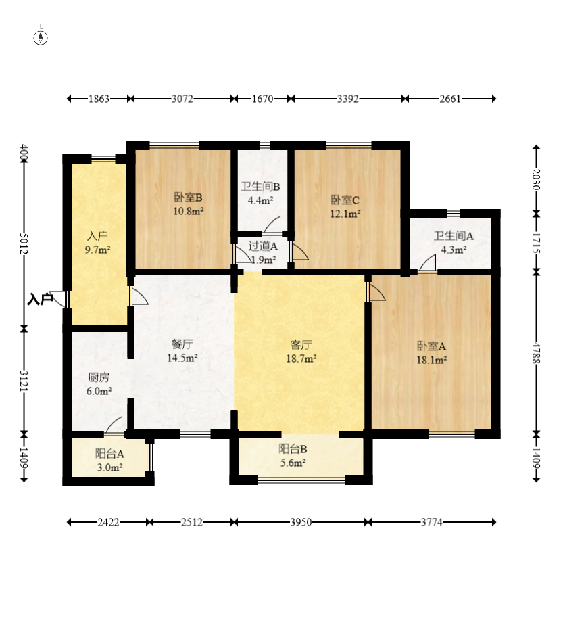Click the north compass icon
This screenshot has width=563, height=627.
pyautogui.click(x=41, y=37)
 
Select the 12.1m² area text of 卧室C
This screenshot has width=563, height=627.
pyautogui.click(x=345, y=213)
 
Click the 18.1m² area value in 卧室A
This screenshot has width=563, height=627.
pyautogui.click(x=432, y=361)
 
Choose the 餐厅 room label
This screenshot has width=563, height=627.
pyautogui.click(x=182, y=344)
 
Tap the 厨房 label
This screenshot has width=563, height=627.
pyautogui.click(x=99, y=377)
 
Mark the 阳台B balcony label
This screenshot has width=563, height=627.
pyautogui.click(x=293, y=448)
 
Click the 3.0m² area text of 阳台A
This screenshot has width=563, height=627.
pyautogui.click(x=109, y=467)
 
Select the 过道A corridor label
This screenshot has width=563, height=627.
pyautogui.click(x=263, y=246)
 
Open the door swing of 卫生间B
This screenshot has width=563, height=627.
pyautogui.click(x=272, y=225)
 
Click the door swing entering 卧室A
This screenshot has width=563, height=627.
pyautogui.click(x=376, y=292)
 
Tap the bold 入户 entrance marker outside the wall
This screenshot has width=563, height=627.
pyautogui.click(x=40, y=299)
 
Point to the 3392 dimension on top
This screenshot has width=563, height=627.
pyautogui.click(x=347, y=99)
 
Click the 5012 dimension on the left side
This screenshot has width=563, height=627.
pyautogui.click(x=24, y=244)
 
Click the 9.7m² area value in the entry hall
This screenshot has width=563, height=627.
pyautogui.click(x=98, y=249)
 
